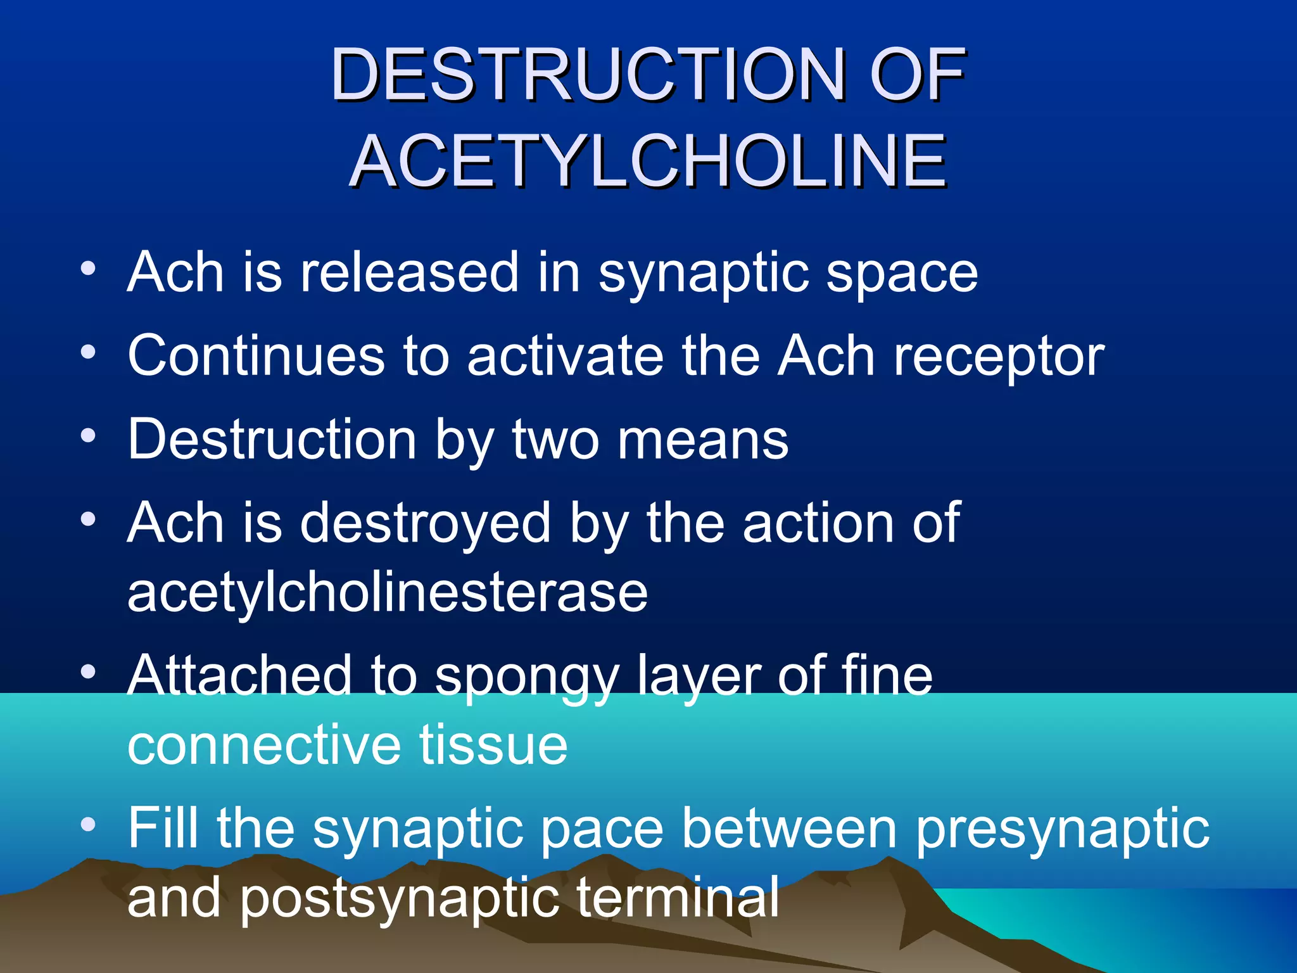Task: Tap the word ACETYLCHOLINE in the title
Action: (648, 162)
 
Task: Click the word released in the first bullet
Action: (409, 272)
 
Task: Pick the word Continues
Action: (256, 356)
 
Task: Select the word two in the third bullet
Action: (555, 440)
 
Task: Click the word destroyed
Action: (425, 525)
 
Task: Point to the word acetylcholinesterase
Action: (388, 594)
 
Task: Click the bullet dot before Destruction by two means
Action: (88, 436)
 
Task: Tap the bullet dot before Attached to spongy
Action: (88, 671)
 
